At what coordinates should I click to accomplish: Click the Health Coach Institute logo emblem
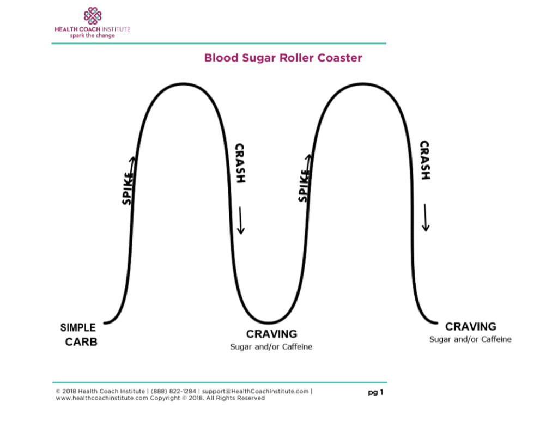pos(92,16)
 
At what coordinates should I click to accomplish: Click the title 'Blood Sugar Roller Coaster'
pos(283,58)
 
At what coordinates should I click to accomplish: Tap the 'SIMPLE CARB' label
pos(79,335)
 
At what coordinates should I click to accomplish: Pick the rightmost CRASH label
pos(424,160)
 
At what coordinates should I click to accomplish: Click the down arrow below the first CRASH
pos(240,222)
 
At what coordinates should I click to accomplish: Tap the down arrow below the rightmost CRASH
pos(426,218)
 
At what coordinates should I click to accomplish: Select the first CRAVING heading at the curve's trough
pos(271,334)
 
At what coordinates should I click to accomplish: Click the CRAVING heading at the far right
pos(471,327)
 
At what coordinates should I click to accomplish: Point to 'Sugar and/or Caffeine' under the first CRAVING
pos(271,347)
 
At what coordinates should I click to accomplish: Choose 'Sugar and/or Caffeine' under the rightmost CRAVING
pos(470,339)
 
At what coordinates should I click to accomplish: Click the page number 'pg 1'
pos(375,392)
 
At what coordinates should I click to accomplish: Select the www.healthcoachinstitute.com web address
pos(102,398)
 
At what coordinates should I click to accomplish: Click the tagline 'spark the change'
pos(92,35)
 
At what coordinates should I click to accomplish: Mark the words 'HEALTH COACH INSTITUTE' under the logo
pos(92,29)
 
